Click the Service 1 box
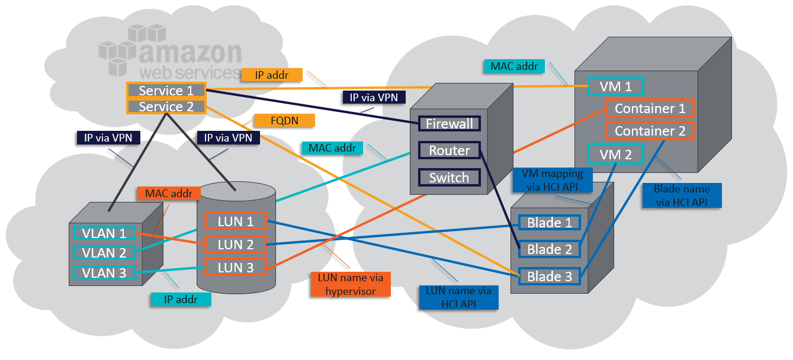[166, 91]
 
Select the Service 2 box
[166, 107]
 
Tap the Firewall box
[450, 124]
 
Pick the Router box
[450, 150]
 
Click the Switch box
[450, 178]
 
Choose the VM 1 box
[615, 86]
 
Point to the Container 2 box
[650, 131]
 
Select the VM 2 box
[615, 154]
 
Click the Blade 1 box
[549, 223]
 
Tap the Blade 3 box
[549, 277]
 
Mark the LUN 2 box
[235, 244]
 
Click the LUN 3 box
[235, 268]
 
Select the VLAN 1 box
[104, 233]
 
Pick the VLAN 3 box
[104, 272]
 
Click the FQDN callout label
[284, 120]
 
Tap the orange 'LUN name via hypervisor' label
[351, 284]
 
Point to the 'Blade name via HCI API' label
[682, 195]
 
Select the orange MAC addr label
[169, 193]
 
